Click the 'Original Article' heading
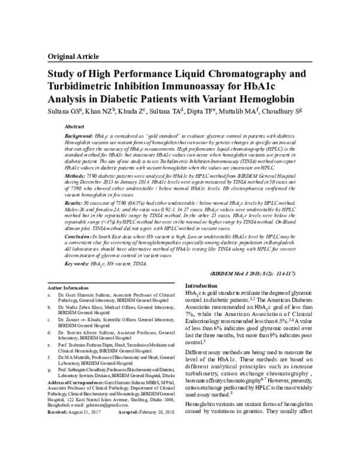click(74, 55)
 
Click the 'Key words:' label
click(78, 264)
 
